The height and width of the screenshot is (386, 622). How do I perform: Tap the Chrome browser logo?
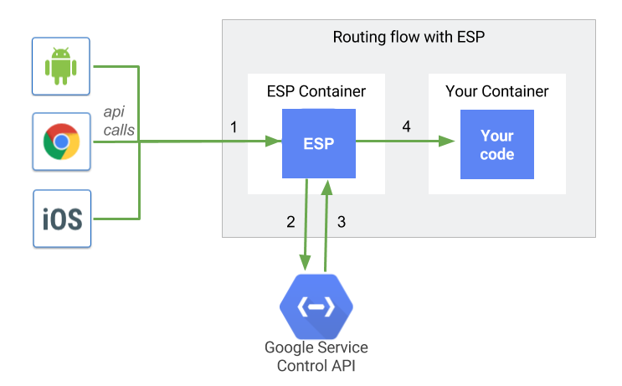pos(61,142)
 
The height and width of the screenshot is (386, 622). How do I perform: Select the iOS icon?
pos(62,219)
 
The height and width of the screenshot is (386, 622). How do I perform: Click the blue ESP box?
pos(318,143)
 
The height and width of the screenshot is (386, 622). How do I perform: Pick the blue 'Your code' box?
pos(496,143)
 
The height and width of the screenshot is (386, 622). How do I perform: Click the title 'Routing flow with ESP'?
pos(409,37)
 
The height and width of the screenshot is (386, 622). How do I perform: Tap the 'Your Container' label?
pos(496,91)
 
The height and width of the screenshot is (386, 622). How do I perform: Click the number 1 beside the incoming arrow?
pos(234,126)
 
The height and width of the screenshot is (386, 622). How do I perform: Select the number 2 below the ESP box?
pos(290,222)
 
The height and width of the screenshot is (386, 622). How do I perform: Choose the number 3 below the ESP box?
pos(342,222)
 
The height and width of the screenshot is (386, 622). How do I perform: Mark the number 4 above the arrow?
pos(406,126)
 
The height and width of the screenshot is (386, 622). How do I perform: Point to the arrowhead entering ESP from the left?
pos(273,143)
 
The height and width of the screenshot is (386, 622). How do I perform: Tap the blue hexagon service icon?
pos(316,307)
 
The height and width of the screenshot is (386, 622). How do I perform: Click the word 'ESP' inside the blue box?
pos(318,143)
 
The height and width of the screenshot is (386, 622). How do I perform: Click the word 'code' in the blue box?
pos(497,154)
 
